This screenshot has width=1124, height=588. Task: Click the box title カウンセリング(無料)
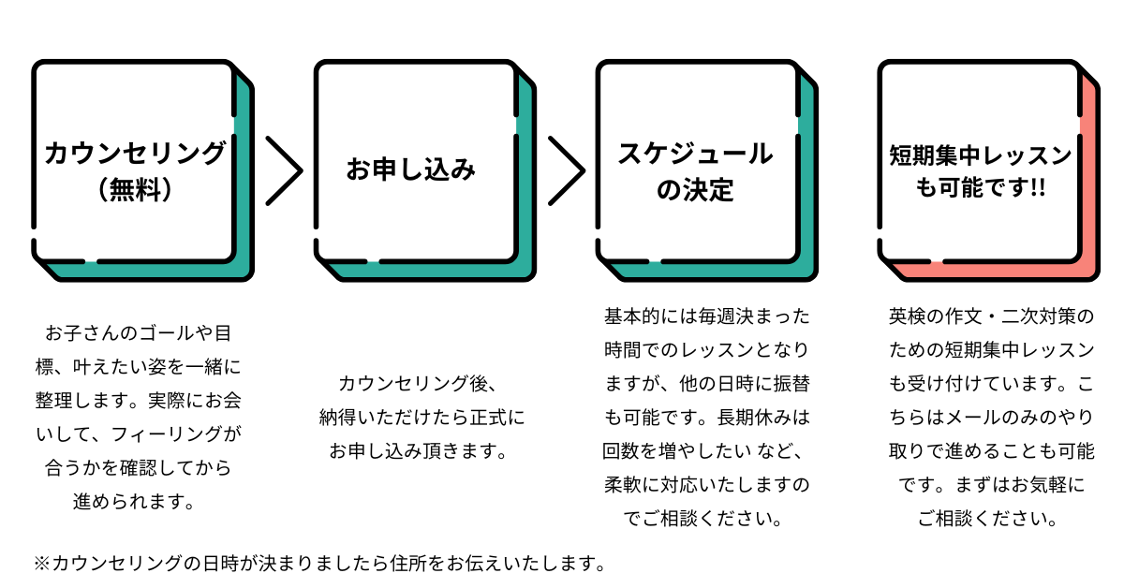pos(135,169)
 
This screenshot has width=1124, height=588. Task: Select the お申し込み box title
pos(411,170)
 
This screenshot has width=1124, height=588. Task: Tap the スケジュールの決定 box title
pos(695,170)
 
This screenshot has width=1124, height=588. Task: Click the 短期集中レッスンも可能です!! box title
pos(980,170)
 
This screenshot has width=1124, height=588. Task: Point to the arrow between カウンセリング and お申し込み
pos(284,170)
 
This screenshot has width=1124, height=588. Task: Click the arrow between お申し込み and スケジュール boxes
pos(566,170)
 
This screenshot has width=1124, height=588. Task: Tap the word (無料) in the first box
pos(136,190)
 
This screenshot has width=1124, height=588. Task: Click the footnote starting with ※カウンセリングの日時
pos(318,564)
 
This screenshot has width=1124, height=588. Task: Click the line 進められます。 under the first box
pos(135,501)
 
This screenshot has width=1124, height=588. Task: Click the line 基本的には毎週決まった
pos(706,316)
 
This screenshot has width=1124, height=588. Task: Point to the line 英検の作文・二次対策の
pos(991,316)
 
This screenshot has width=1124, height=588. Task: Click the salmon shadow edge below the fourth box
pos(993,272)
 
